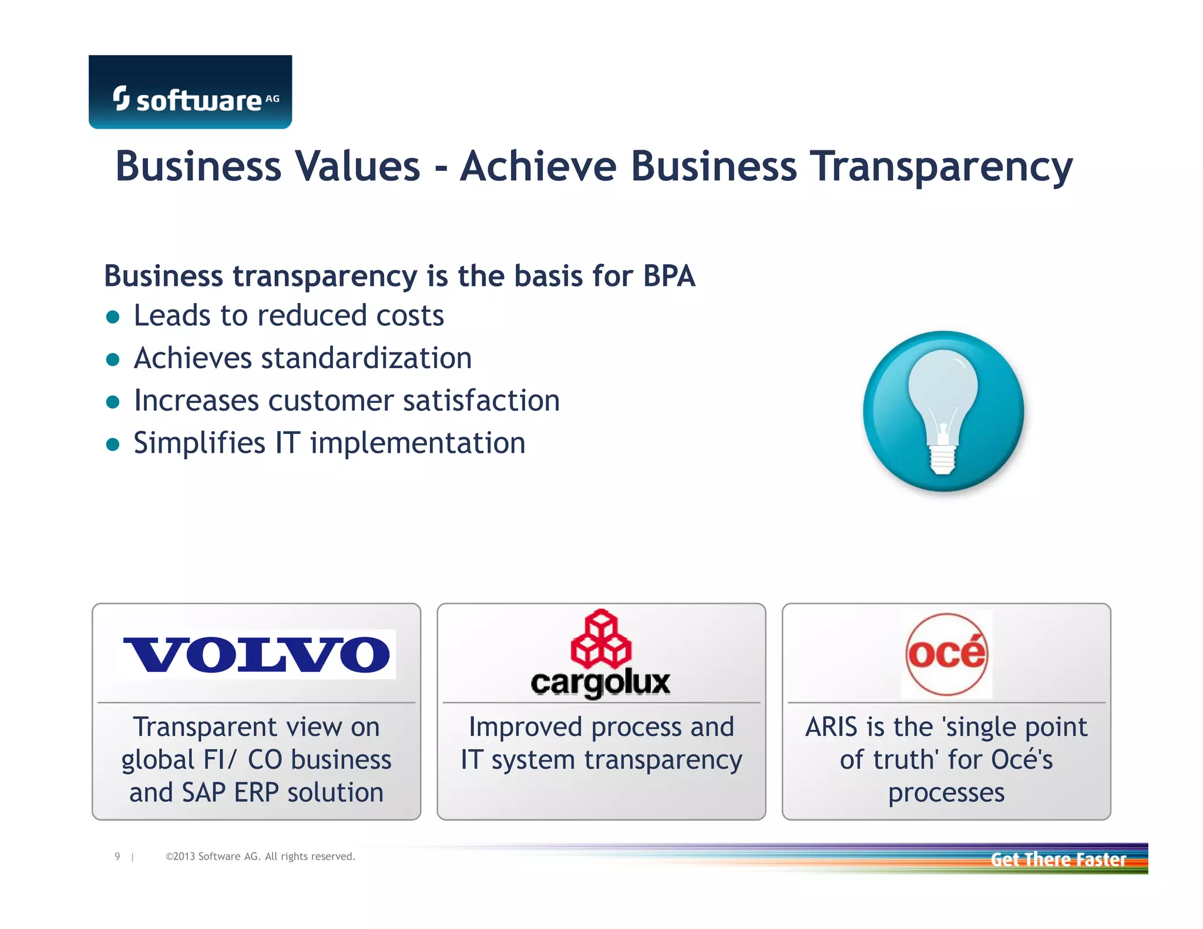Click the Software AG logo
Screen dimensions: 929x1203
(190, 92)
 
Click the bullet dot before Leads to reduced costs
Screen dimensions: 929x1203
(113, 318)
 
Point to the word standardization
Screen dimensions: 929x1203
(367, 358)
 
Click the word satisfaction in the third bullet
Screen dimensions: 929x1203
(481, 400)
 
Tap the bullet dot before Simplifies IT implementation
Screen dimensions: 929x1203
(113, 445)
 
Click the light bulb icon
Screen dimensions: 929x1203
(943, 411)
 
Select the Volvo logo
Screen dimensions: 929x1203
(257, 654)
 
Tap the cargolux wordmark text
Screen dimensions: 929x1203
(600, 683)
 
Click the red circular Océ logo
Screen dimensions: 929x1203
(946, 654)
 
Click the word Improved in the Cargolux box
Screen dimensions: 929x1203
(526, 727)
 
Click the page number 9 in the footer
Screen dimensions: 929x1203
(117, 857)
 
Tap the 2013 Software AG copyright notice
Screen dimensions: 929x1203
(260, 857)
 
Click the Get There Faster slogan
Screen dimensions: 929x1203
(1058, 860)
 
